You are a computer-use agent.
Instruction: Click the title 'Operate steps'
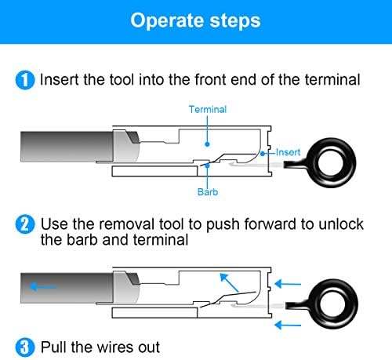[195, 20]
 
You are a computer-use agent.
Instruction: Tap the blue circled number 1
[25, 80]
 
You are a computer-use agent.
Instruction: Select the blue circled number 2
[25, 224]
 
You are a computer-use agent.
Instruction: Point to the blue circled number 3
[25, 347]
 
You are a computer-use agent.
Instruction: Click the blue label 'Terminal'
[208, 109]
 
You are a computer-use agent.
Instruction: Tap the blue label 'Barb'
[208, 192]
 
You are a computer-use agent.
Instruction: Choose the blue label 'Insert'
[288, 152]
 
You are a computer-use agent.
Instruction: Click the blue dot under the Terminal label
[207, 144]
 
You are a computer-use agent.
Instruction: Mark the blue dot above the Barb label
[207, 165]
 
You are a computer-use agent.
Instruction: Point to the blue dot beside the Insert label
[263, 154]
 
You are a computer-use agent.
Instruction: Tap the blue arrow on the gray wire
[43, 287]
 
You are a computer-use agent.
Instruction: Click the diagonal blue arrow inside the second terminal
[229, 282]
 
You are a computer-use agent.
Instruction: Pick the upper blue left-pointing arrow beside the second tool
[288, 284]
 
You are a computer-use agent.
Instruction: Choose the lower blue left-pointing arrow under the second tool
[288, 325]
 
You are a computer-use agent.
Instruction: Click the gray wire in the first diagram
[67, 147]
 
